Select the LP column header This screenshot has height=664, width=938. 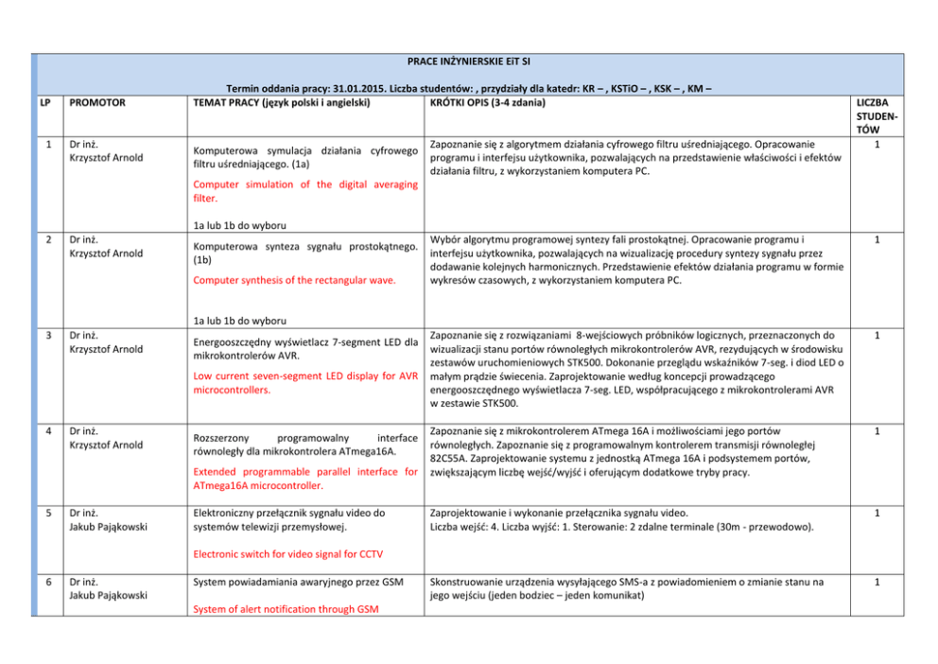45,102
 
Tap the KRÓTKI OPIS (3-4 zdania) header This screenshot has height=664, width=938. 486,102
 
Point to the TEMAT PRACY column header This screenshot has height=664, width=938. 280,102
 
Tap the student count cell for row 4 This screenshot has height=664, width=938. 877,430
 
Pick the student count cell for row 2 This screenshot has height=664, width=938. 877,239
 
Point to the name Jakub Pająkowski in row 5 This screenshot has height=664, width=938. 107,527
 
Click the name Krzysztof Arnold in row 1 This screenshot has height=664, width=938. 106,157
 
